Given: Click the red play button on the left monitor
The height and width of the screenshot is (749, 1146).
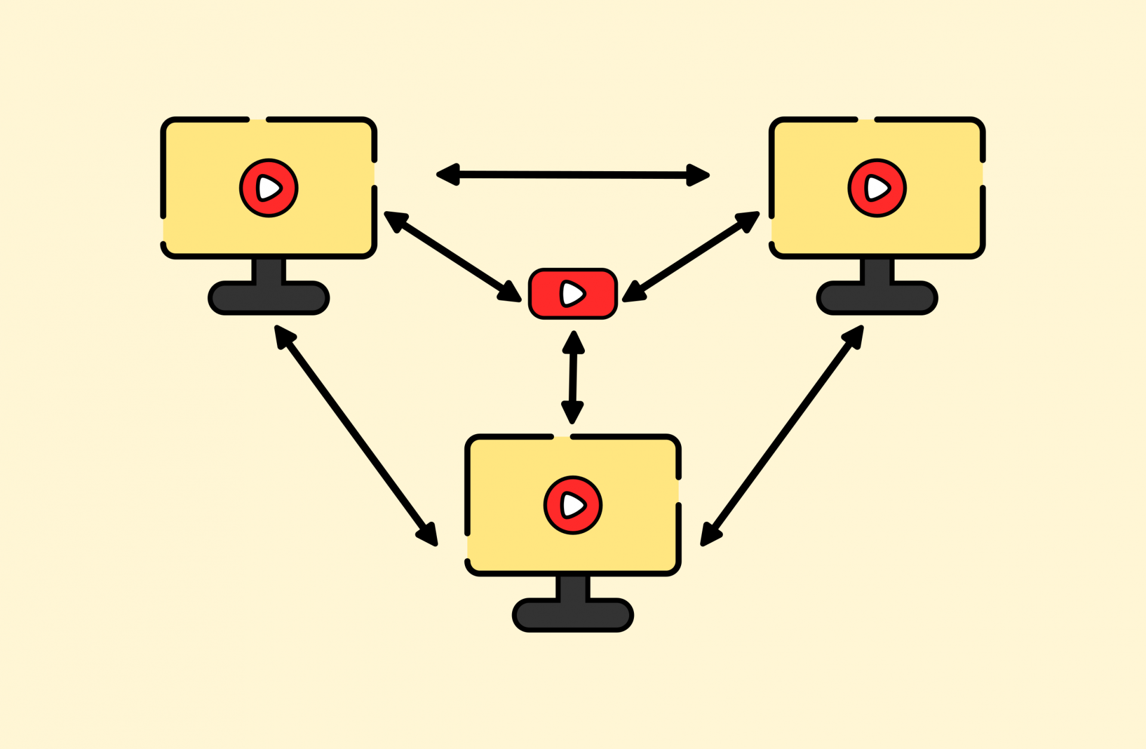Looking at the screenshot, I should [x=269, y=188].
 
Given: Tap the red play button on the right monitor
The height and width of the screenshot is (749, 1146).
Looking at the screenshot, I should [x=877, y=188].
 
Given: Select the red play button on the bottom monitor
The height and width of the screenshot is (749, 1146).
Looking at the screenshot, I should [x=573, y=505].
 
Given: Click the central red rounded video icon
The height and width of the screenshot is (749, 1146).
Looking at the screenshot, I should [x=573, y=293].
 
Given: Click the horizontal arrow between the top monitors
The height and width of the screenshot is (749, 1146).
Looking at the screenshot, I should [x=573, y=175].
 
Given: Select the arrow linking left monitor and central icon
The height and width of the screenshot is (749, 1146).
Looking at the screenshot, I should [x=452, y=256].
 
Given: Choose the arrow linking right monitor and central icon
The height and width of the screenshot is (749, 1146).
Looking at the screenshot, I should [x=691, y=256].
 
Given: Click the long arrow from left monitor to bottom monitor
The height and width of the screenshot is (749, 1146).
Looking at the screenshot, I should [x=356, y=435].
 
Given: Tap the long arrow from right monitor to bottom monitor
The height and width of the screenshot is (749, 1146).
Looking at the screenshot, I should [x=782, y=435].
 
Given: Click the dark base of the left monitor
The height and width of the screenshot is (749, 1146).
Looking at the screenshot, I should [x=269, y=298].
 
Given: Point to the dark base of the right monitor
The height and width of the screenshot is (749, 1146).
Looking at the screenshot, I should [x=877, y=298].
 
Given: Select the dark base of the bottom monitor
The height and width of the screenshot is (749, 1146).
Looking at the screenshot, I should [x=573, y=615].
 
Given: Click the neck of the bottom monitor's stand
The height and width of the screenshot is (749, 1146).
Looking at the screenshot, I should [x=573, y=587].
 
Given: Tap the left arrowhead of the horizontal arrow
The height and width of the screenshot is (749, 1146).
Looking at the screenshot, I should [x=448, y=174].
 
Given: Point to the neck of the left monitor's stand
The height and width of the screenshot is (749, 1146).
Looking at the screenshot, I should [x=269, y=270].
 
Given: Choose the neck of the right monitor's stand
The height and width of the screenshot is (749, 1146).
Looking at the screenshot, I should [x=877, y=270].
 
